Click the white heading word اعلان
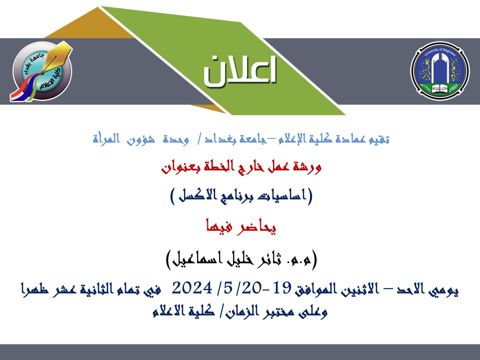[x=240, y=70]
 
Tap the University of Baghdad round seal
[x=440, y=70]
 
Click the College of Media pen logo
[x=42, y=71]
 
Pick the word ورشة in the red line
[x=307, y=166]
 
